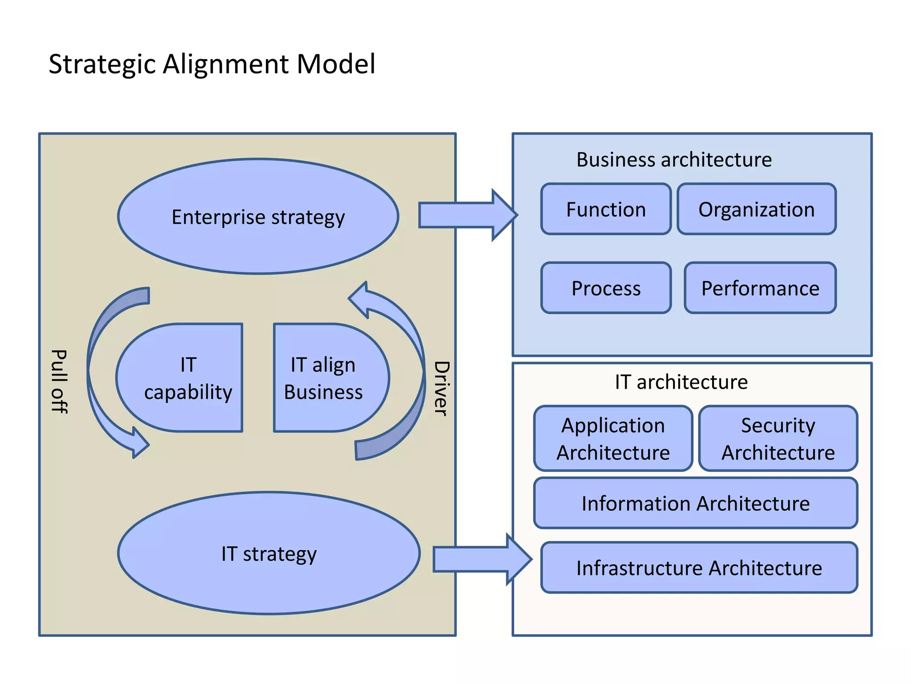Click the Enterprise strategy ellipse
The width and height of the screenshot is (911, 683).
point(258,217)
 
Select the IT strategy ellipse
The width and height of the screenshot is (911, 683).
point(269,554)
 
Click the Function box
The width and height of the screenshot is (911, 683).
point(606,209)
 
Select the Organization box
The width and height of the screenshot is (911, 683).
point(756,209)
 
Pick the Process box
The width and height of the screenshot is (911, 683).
point(606,288)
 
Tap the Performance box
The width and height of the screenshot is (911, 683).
point(760,288)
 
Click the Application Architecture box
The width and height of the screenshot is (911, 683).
point(613,438)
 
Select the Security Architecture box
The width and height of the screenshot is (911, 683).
point(778,438)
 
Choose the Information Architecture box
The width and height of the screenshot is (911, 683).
point(696,503)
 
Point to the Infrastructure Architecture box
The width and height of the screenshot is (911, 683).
point(699,568)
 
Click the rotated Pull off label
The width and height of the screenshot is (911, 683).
point(59,381)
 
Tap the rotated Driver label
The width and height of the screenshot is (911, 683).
point(441,388)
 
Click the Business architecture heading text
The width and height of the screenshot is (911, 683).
point(674,159)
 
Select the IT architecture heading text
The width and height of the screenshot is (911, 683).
point(681,382)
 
